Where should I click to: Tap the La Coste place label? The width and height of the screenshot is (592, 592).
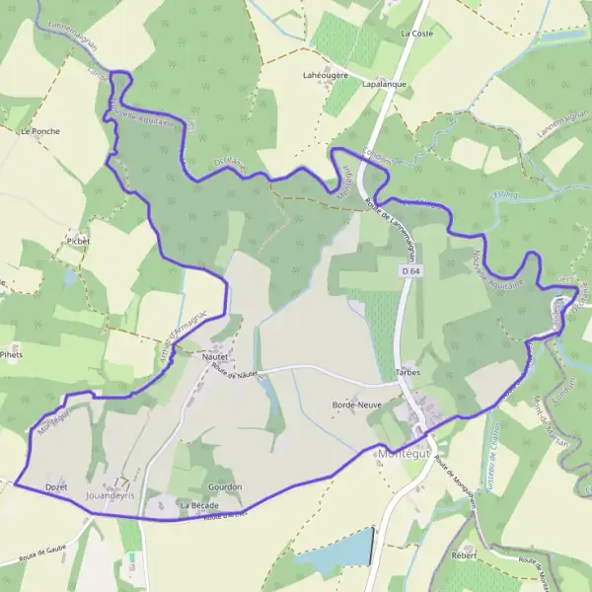coord(416,33)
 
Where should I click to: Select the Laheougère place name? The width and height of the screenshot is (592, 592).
coord(324,74)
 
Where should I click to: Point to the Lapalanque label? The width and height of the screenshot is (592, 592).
coord(385,85)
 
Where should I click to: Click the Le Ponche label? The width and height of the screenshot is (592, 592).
coord(39,130)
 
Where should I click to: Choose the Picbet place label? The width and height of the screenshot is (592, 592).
coord(78,241)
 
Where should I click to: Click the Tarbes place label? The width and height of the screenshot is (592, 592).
coord(408,373)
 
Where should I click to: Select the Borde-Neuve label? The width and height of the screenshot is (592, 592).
coord(357,406)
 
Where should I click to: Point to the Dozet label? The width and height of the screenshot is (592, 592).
coord(56,487)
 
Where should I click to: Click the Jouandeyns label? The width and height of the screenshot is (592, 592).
coord(111,494)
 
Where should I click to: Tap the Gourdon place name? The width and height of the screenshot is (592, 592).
coord(225,487)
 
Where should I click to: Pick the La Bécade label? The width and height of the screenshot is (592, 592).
coord(198,505)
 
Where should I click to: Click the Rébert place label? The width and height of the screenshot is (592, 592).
coord(464,555)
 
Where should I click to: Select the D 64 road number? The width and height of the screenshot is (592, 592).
coord(410,269)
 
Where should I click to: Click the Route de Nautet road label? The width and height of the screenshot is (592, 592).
coord(234,373)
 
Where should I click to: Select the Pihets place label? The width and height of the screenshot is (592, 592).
coord(11,353)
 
